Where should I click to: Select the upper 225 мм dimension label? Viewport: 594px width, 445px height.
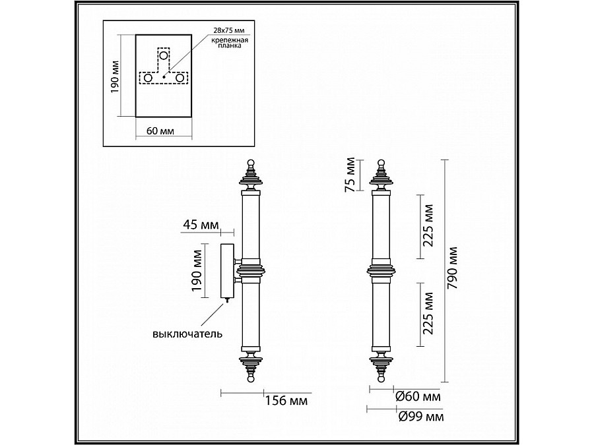click(x=428, y=225)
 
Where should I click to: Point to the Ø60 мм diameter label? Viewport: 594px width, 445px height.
click(x=418, y=397)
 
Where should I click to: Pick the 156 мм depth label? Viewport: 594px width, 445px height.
click(x=286, y=400)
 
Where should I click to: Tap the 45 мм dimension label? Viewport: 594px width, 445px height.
click(x=199, y=225)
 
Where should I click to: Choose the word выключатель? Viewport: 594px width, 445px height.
click(x=187, y=334)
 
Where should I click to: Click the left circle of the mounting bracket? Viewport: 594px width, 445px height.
click(x=147, y=78)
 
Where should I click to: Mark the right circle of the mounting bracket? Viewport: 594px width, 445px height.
click(x=179, y=78)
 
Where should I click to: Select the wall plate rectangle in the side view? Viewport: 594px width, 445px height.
click(x=226, y=271)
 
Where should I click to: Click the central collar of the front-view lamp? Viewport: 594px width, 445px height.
click(x=381, y=270)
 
